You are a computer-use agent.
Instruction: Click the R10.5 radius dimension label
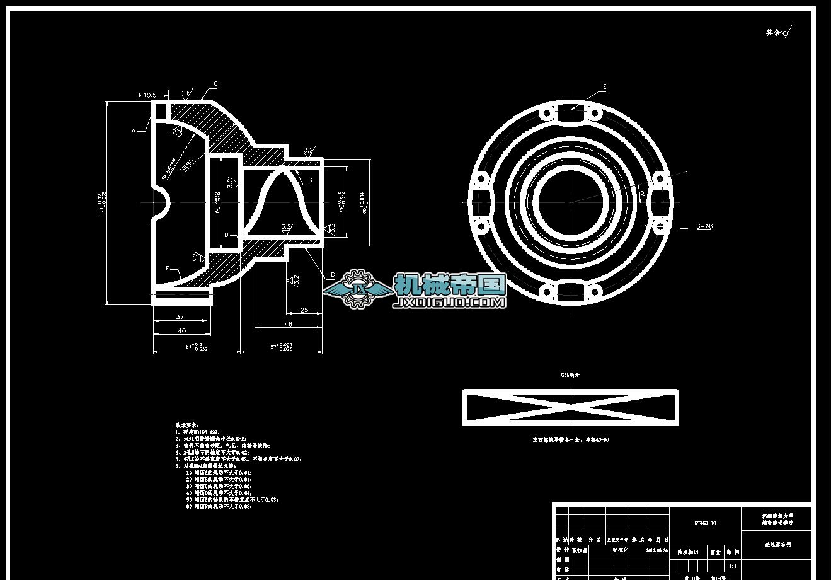click(x=147, y=95)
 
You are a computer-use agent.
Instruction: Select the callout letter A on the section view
click(x=134, y=130)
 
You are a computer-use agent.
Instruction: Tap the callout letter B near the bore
click(x=226, y=235)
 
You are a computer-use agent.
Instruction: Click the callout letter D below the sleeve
click(x=333, y=275)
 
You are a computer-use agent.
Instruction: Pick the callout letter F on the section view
click(x=168, y=269)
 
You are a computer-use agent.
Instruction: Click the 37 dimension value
click(x=180, y=317)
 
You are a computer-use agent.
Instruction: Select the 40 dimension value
click(x=181, y=330)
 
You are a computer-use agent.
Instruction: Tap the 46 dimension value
click(x=289, y=324)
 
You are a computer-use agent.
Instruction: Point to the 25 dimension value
click(x=304, y=310)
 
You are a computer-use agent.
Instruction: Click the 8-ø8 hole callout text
click(x=704, y=226)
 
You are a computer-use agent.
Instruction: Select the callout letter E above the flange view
click(x=604, y=86)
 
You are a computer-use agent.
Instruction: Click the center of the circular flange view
click(x=571, y=202)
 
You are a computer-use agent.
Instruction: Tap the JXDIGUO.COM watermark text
click(x=449, y=303)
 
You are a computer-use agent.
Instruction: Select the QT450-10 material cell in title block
click(x=705, y=523)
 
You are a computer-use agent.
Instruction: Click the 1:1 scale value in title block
click(x=732, y=566)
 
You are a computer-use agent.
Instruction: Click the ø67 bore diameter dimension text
click(x=217, y=202)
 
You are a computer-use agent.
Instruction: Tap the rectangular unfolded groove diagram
click(x=571, y=407)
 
